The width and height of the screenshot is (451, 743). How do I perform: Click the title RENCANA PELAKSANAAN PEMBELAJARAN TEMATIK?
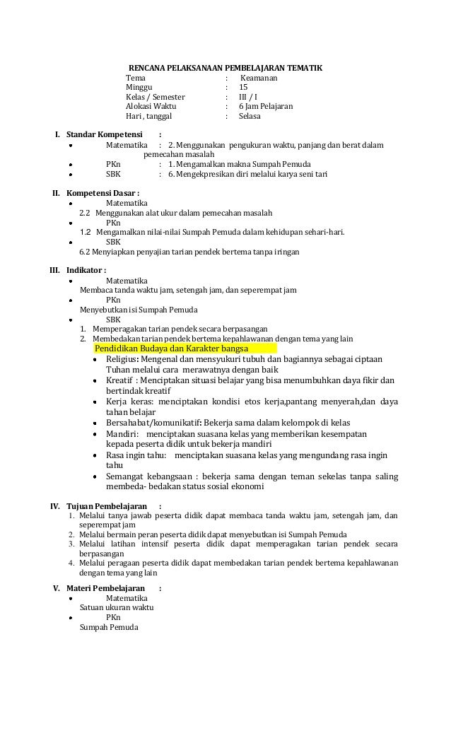tap(225, 68)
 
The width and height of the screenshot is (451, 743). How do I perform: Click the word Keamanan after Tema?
tap(259, 78)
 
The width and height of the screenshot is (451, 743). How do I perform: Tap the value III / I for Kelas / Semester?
tap(248, 98)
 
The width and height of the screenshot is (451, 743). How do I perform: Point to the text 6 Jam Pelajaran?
tap(266, 107)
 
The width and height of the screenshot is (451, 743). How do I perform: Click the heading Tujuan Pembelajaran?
tap(107, 506)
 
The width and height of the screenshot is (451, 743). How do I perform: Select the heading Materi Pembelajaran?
tap(106, 588)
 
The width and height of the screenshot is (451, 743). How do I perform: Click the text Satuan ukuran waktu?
tap(117, 607)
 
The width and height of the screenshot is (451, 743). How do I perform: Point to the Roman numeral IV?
tap(54, 506)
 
